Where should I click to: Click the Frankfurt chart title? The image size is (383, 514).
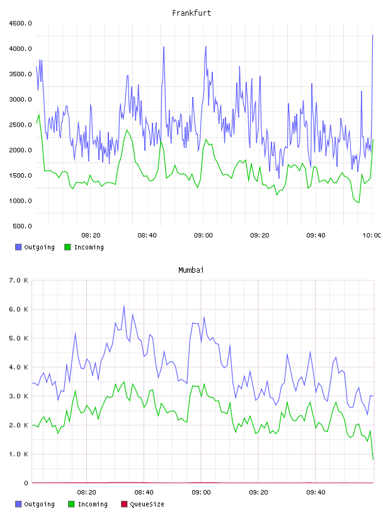(191, 13)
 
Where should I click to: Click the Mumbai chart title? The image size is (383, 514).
(191, 270)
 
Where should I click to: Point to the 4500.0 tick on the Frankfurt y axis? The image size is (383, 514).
(20, 23)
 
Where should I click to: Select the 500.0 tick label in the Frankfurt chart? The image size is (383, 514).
(22, 226)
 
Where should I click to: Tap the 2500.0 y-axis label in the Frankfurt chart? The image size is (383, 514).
(20, 125)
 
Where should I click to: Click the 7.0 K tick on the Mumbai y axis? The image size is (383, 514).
(19, 280)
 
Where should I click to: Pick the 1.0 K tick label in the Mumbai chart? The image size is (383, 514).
(19, 454)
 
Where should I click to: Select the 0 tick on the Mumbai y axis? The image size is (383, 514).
(26, 483)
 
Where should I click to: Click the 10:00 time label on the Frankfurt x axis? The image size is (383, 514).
(371, 236)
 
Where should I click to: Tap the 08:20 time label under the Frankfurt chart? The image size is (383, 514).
(91, 236)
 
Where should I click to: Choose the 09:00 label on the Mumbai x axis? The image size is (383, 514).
(201, 493)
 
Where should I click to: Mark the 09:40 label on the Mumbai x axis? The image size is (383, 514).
(316, 493)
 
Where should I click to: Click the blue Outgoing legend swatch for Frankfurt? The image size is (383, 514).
(18, 247)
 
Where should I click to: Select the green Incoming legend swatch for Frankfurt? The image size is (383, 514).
(67, 247)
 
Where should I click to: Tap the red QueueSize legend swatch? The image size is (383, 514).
(124, 504)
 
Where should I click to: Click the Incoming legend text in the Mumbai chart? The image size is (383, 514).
(93, 505)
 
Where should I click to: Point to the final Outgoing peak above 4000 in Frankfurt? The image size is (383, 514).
(373, 35)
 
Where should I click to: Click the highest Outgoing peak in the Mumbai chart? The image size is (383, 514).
(124, 306)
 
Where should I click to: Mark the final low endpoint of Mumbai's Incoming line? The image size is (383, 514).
(373, 459)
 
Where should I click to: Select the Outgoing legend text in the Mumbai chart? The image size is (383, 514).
(39, 505)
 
